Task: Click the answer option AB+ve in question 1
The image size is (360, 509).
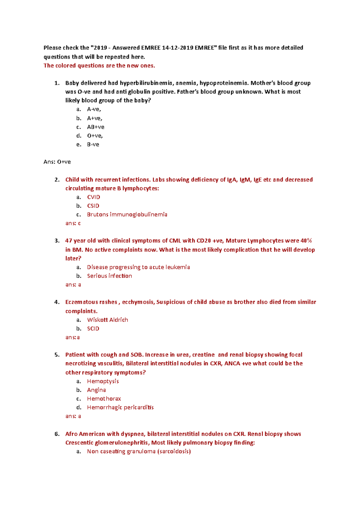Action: click(95, 127)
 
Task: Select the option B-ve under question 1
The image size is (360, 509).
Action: click(93, 144)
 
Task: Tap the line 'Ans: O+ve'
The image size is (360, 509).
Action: click(57, 162)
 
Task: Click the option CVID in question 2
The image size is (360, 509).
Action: click(93, 197)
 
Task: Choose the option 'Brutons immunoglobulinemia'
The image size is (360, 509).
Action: click(127, 215)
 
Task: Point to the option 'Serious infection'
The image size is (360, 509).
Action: click(109, 276)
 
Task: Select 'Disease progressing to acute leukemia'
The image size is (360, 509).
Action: click(138, 267)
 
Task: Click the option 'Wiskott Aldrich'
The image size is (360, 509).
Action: click(107, 320)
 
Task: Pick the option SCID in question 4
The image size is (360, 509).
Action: click(93, 329)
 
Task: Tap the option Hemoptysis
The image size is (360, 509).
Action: click(103, 381)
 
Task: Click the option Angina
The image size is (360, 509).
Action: click(96, 390)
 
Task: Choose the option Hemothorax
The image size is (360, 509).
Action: click(104, 399)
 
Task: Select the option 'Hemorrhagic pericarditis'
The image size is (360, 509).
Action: click(120, 407)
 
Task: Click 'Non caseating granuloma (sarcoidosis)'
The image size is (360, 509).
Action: click(139, 451)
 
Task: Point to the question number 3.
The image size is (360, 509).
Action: click(57, 241)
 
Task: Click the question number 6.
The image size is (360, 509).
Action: click(57, 434)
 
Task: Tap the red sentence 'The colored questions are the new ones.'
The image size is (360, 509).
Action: click(99, 66)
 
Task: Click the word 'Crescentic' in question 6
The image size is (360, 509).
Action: click(79, 443)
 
